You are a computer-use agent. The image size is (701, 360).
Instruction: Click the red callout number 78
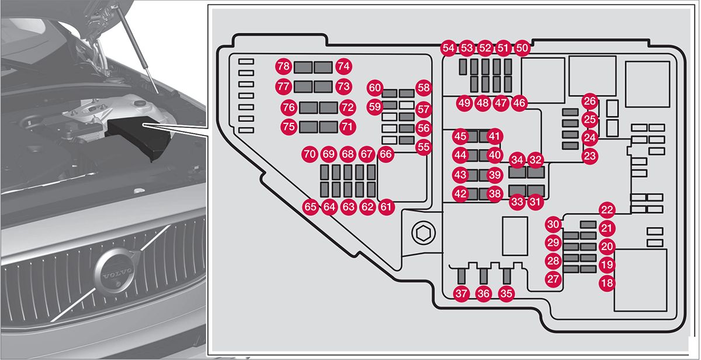[x=284, y=66]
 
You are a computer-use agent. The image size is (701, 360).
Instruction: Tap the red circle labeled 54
[x=449, y=48]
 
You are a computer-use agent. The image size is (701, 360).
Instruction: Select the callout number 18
[x=608, y=283]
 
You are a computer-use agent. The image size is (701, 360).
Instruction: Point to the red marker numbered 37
[x=462, y=294]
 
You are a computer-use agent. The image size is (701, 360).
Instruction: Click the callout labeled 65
[x=311, y=206]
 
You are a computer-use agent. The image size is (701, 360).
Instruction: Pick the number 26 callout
[x=591, y=102]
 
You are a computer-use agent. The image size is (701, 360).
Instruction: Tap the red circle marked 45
[x=460, y=137]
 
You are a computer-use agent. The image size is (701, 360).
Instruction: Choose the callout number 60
[x=374, y=88]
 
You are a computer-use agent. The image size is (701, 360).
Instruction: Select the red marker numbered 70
[x=310, y=155]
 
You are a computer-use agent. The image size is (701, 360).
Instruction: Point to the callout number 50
[x=522, y=48]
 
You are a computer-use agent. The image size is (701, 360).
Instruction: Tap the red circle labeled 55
[x=424, y=147]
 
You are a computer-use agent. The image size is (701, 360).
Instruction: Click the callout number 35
[x=506, y=294]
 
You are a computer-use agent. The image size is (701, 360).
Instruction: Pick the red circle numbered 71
[x=348, y=126]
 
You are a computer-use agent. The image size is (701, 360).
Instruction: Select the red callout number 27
[x=553, y=279]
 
